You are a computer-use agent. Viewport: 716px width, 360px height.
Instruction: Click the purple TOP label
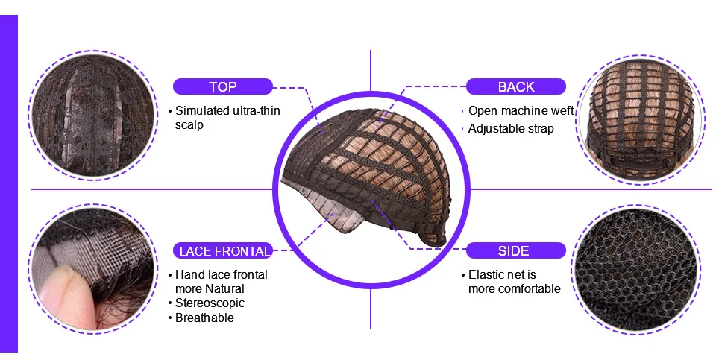[223, 86]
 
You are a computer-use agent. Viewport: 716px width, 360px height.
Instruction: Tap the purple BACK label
[516, 86]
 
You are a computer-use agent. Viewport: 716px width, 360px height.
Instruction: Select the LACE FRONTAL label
[223, 251]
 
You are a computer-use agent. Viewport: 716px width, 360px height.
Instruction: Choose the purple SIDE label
[516, 251]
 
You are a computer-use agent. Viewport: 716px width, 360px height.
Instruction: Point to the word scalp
[189, 125]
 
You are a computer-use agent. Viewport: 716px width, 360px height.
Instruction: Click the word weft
[562, 110]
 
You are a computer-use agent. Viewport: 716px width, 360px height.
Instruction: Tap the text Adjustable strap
[511, 129]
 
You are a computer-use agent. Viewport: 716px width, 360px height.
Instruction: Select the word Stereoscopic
[210, 303]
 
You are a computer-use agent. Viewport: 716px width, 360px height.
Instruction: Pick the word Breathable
[204, 318]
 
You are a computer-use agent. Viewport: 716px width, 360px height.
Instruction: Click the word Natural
[224, 289]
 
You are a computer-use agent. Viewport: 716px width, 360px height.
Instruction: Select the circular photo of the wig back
[640, 121]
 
